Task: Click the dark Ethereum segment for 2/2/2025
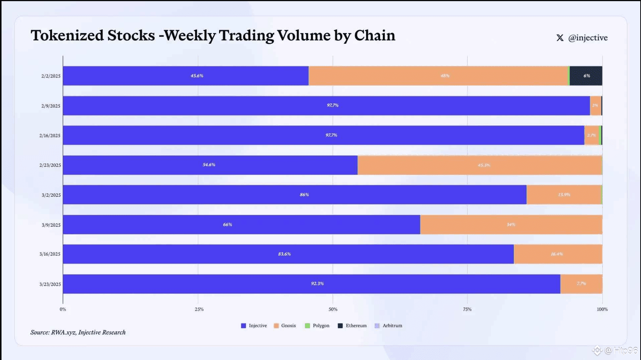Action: [586, 76]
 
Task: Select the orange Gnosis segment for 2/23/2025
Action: [479, 165]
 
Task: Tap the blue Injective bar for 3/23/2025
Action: [311, 284]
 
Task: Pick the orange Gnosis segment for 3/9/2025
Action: [511, 224]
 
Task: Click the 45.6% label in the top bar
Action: [197, 76]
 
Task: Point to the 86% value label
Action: [304, 194]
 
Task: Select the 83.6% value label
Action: [284, 254]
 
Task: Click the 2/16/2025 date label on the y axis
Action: [50, 136]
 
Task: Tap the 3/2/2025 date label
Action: [51, 195]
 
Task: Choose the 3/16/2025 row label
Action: [50, 254]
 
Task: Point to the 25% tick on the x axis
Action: [199, 309]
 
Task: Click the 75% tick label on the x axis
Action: [467, 309]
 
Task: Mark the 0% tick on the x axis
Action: [63, 309]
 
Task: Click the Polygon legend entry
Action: [317, 325]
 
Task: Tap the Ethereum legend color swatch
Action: [340, 325]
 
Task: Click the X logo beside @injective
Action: [560, 38]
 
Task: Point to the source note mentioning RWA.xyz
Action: [78, 332]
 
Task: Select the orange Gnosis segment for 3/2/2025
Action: [564, 194]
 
